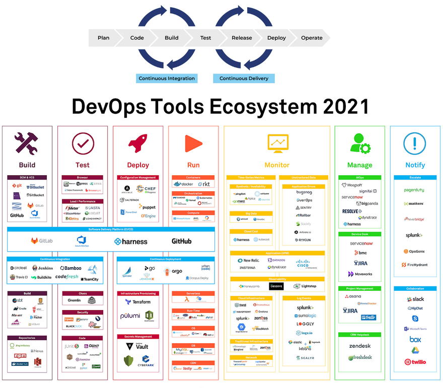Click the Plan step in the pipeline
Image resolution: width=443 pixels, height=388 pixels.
103,38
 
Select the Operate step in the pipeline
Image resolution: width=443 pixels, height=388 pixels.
312,38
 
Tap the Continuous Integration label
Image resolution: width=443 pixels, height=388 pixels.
167,79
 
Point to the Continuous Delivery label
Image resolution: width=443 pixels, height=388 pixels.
244,79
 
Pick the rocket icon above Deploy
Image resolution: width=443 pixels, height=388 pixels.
138,143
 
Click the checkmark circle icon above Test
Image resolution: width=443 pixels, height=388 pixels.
83,143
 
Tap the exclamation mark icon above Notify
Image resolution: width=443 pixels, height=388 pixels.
415,143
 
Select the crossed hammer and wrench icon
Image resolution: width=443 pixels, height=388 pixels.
27,143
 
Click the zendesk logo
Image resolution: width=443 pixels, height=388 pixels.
360,346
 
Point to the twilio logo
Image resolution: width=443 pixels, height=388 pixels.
415,362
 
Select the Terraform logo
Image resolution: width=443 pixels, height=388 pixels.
138,302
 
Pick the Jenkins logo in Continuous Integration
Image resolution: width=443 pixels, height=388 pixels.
42,268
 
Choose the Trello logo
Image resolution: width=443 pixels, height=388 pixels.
369,317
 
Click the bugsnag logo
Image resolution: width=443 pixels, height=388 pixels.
304,192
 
